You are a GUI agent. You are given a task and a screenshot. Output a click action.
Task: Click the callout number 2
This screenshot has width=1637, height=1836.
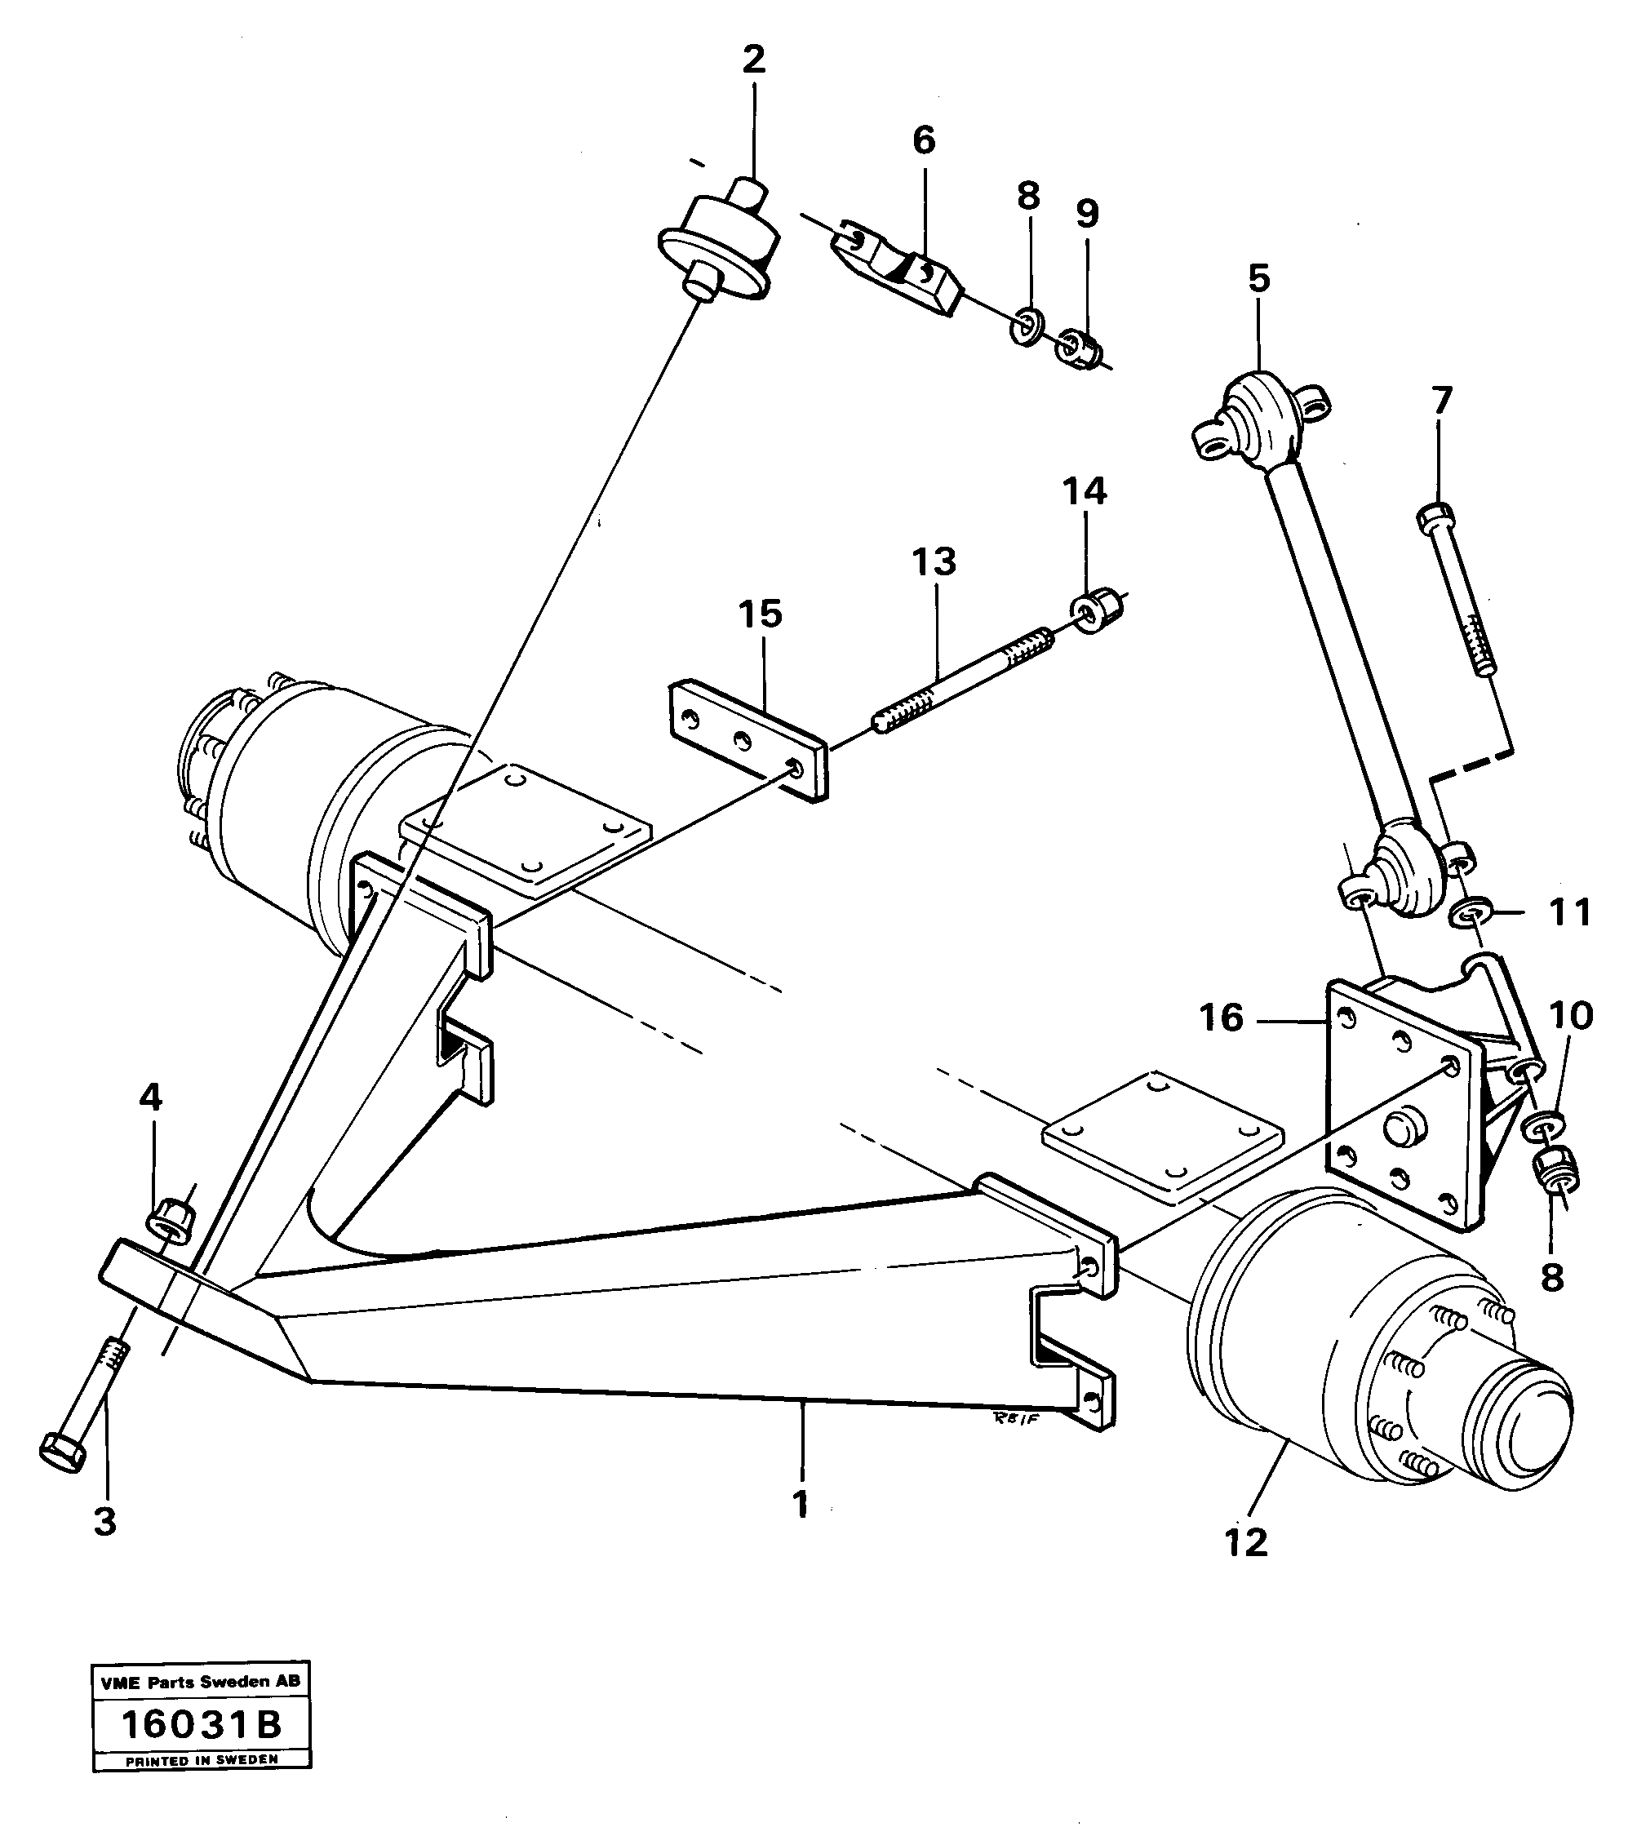pos(754,60)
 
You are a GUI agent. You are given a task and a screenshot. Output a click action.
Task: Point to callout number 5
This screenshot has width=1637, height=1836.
pos(1259,280)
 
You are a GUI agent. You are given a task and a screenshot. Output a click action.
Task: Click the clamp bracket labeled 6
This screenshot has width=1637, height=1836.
pos(899,270)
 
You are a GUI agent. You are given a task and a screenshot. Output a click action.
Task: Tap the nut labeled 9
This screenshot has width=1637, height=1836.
pos(1080,348)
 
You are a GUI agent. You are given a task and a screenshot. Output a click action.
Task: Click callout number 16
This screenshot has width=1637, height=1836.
pos(1222,1019)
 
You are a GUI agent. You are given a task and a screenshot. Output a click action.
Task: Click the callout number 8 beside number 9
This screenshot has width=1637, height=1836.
pos(1028,196)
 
